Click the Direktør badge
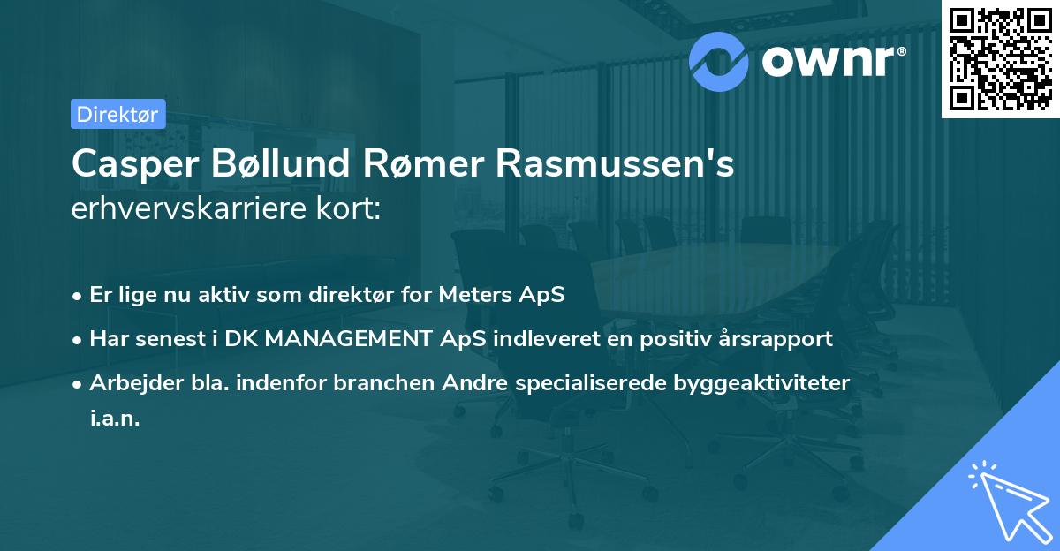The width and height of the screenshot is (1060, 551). [x=117, y=114]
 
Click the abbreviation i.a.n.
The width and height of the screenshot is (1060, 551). [x=115, y=419]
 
